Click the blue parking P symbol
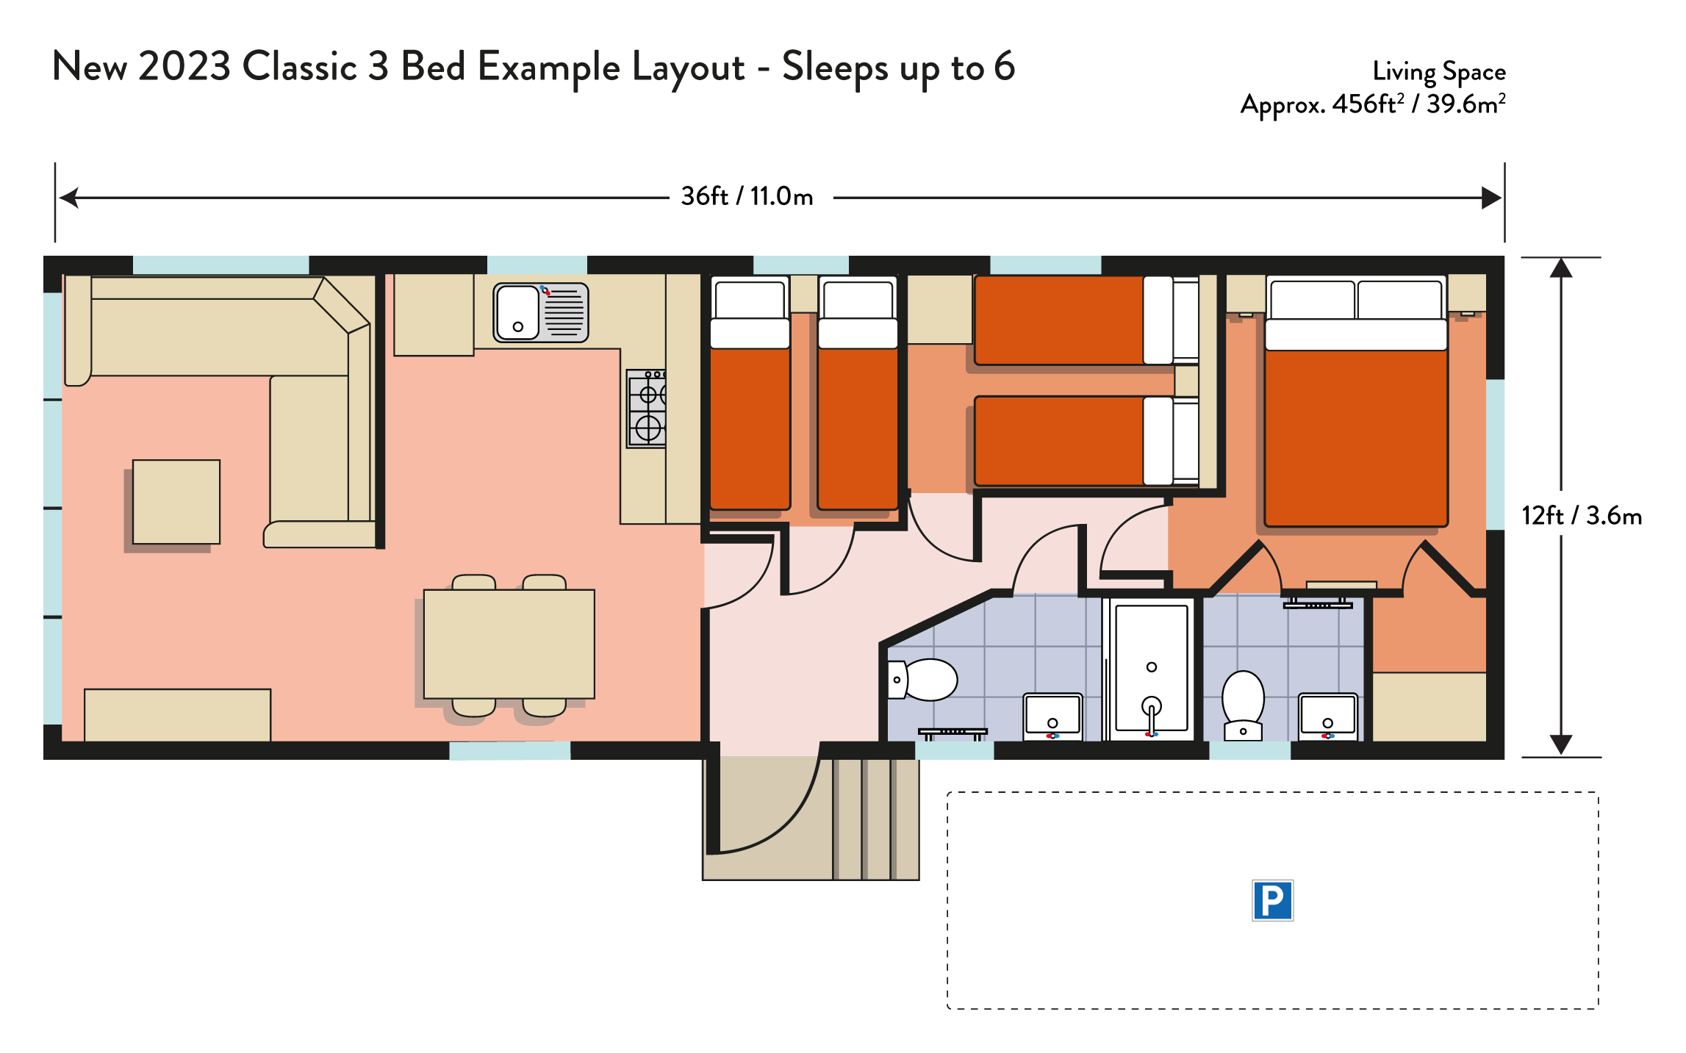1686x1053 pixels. [1272, 900]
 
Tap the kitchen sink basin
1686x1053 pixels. [518, 312]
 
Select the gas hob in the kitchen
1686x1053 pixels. [647, 409]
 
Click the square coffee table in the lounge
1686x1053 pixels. [176, 502]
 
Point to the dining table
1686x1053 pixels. [509, 644]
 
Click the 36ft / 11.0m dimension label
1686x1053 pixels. [747, 197]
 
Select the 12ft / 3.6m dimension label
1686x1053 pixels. [1582, 516]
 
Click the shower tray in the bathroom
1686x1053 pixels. [1152, 669]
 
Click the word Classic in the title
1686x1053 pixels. [300, 67]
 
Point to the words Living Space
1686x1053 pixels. [1439, 72]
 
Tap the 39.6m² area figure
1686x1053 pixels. [1466, 104]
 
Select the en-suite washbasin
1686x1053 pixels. [1328, 716]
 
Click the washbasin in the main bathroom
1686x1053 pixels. [1053, 716]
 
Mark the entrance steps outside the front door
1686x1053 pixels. [875, 819]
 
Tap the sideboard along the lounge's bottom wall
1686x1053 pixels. [178, 715]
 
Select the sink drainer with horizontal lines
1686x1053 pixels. [564, 313]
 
